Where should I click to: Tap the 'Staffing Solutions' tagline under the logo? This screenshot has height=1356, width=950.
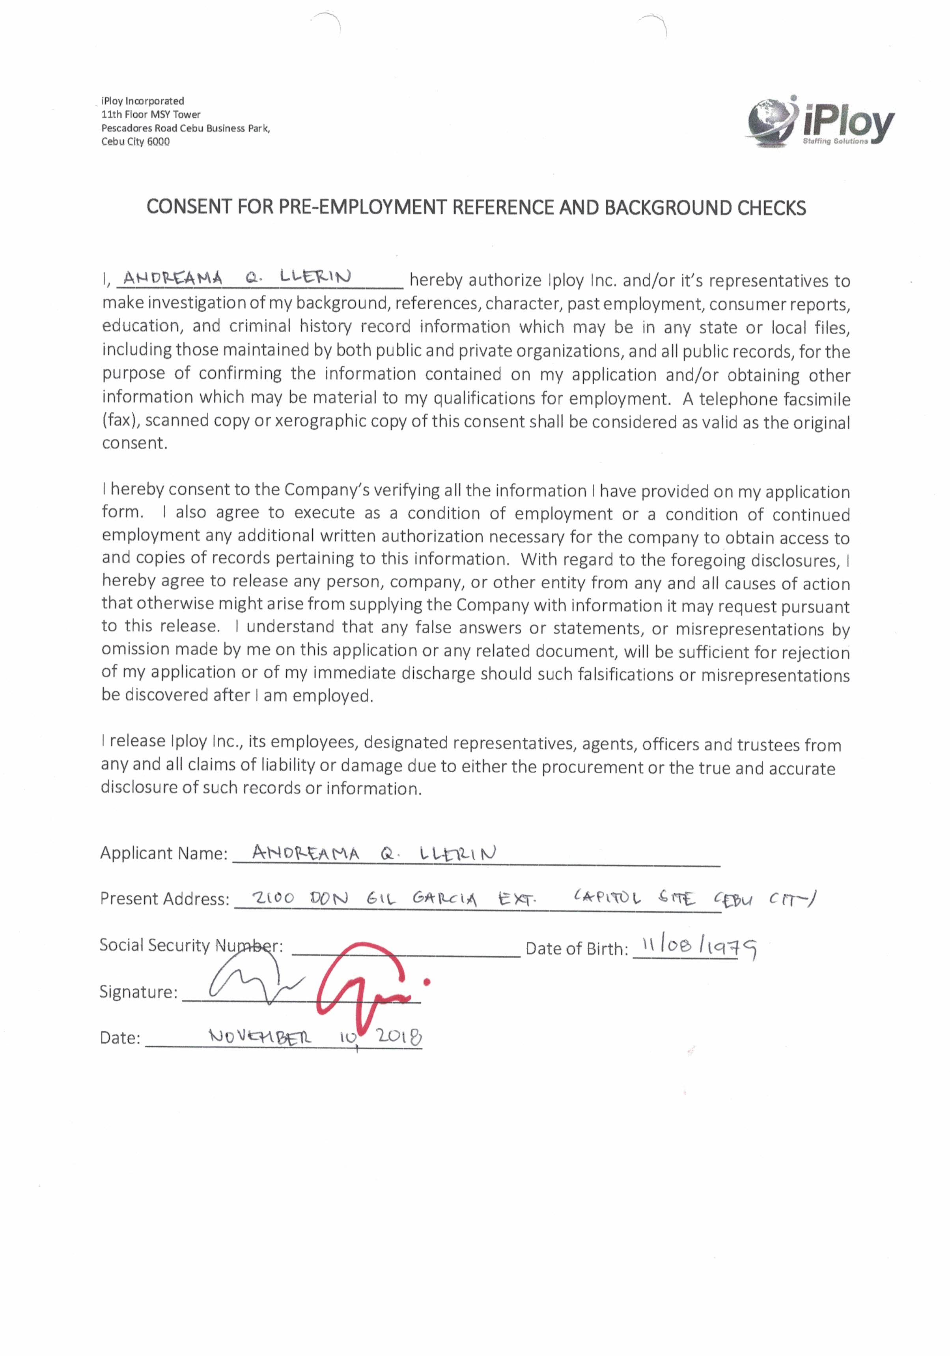pos(835,142)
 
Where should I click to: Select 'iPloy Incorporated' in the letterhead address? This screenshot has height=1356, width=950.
pos(143,101)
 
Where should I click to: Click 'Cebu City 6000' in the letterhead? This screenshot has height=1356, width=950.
pos(135,142)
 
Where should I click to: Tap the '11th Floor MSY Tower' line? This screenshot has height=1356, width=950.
pos(151,114)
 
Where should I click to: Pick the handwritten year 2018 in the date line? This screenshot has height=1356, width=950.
pos(399,1036)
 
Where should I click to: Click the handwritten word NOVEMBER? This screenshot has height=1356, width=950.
pos(260,1036)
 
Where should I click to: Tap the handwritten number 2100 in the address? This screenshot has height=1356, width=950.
pos(273,898)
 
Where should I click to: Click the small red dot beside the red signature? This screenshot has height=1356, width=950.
pos(426,982)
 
